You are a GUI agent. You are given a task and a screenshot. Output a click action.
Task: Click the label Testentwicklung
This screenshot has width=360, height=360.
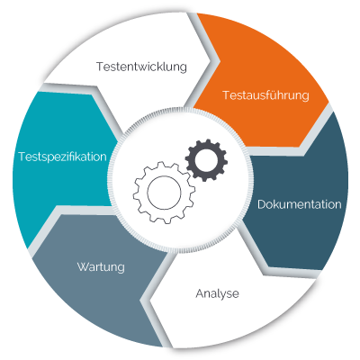pos(141,67)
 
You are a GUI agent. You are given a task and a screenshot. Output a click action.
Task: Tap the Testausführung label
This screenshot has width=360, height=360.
pos(265,95)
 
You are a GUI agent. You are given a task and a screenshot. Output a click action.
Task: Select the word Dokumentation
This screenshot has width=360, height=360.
pos(300,204)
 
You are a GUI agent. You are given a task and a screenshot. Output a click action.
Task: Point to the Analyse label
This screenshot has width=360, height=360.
pos(217,293)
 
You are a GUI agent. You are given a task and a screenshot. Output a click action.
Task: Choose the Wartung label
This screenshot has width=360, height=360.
pos(101,267)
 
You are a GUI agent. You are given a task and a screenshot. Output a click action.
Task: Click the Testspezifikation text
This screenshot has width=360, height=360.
pos(63,157)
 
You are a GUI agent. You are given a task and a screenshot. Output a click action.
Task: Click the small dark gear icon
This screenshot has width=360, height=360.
pos(206,160)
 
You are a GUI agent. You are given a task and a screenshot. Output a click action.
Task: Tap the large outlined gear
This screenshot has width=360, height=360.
pos(164,193)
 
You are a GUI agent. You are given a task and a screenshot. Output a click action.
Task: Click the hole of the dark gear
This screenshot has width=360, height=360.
pos(206,160)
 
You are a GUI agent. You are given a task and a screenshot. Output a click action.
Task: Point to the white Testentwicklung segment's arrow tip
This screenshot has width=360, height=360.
pos(220,61)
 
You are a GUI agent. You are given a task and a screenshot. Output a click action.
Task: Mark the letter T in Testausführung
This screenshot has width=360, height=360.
pos(227,95)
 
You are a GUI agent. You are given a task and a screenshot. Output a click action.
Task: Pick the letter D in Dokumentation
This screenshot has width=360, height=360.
pos(262,204)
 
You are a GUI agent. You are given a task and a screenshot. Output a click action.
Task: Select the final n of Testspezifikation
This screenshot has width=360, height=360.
pos(103,157)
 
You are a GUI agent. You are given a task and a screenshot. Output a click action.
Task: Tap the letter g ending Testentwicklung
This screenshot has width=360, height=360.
pos(183,68)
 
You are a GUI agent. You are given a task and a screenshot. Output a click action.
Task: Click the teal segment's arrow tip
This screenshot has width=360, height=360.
pos(118,140)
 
